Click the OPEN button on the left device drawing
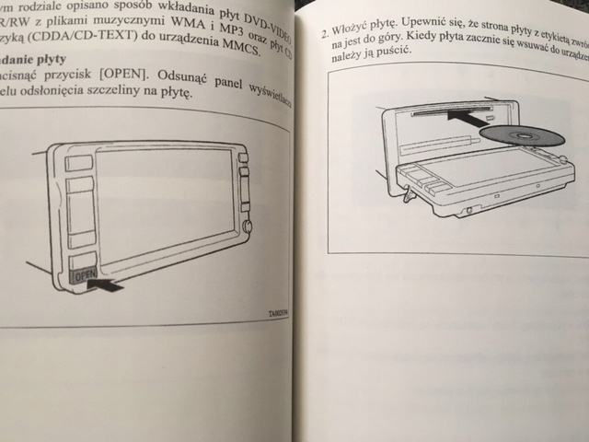click(83, 273)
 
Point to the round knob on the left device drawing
click(247, 227)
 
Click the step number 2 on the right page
click(325, 37)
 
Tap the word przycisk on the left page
click(54, 77)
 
